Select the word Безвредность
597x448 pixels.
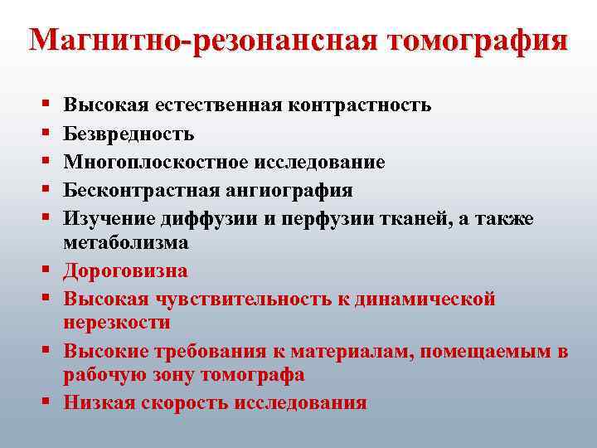pyautogui.click(x=129, y=133)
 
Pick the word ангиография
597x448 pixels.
pyautogui.click(x=287, y=190)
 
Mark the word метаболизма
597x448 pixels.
pyautogui.click(x=126, y=242)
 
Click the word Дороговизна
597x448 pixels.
pyautogui.click(x=126, y=270)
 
